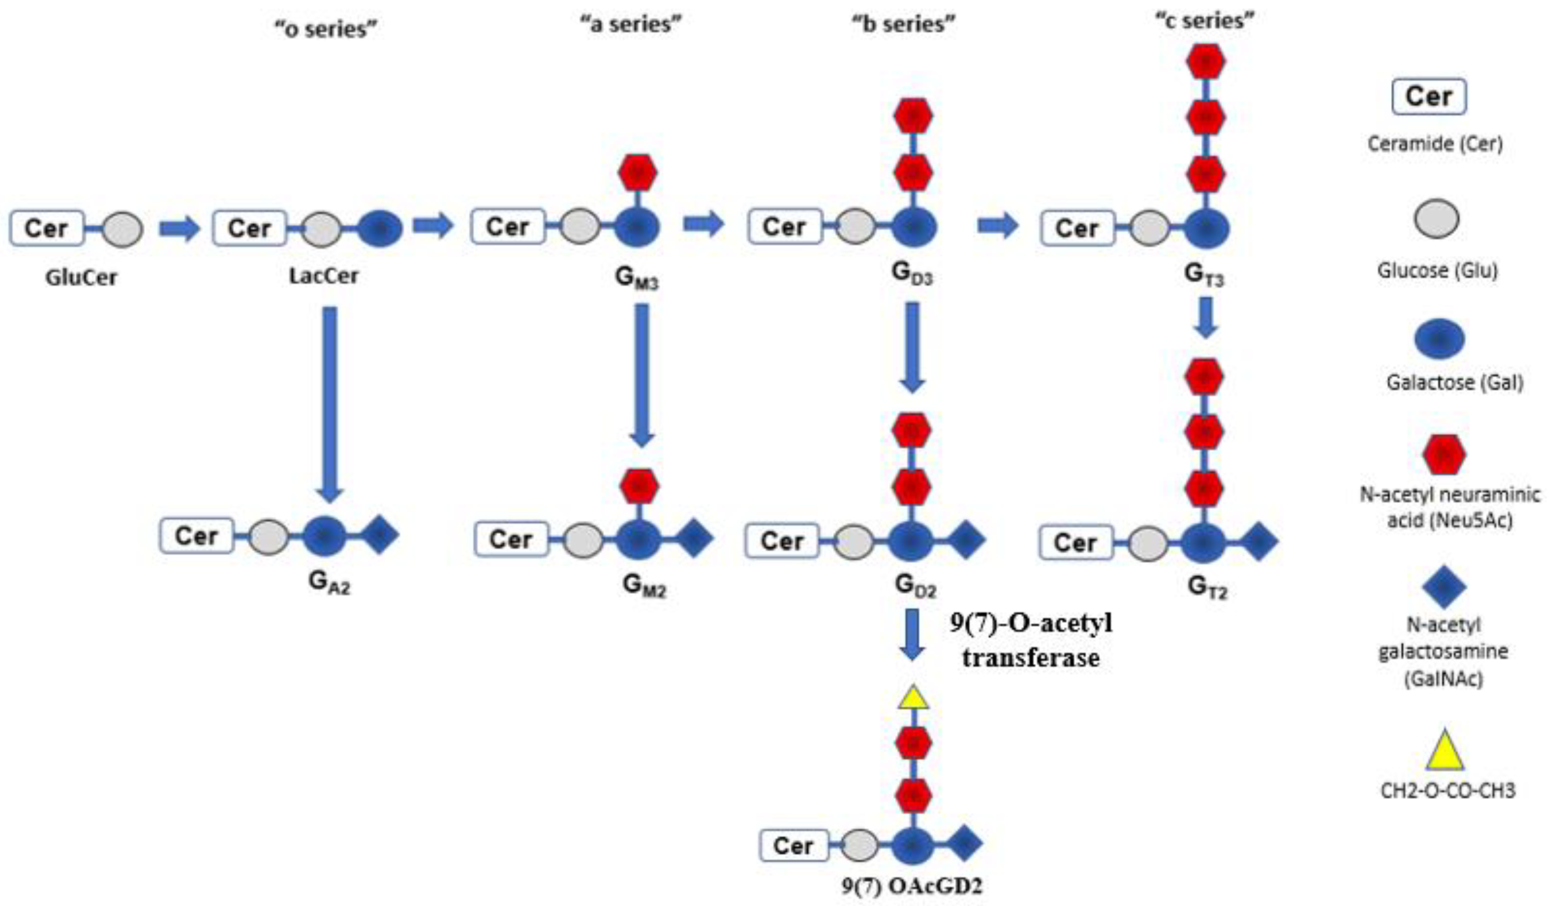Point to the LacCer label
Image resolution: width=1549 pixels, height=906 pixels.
pyautogui.click(x=323, y=276)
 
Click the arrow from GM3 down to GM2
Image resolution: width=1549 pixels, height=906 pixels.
pyautogui.click(x=642, y=375)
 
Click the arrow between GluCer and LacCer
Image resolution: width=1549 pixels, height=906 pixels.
pyautogui.click(x=179, y=228)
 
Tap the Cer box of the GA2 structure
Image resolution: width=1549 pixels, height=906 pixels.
pyautogui.click(x=197, y=535)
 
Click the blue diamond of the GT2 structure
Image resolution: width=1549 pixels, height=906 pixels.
pyautogui.click(x=1258, y=542)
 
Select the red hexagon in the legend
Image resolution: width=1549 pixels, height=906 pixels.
pyautogui.click(x=1445, y=455)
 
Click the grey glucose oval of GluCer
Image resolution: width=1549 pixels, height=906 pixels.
pyautogui.click(x=122, y=229)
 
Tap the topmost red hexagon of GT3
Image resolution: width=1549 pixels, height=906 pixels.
pyautogui.click(x=1205, y=62)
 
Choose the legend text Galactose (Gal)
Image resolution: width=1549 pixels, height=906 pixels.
pyautogui.click(x=1454, y=383)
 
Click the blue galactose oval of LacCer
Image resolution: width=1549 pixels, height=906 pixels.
pyautogui.click(x=380, y=228)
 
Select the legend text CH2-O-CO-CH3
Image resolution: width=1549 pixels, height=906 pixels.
pyautogui.click(x=1448, y=791)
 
